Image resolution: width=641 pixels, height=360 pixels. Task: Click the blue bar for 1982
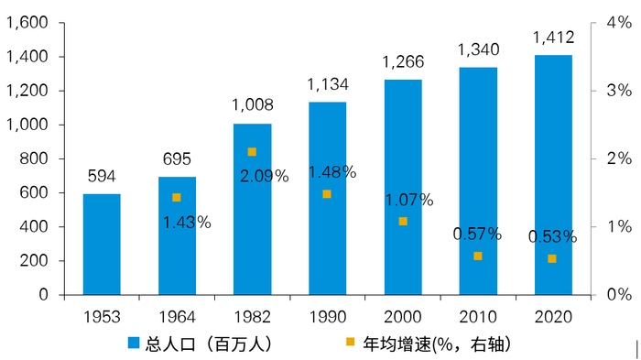[252, 210]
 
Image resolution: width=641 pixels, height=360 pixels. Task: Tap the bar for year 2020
[553, 175]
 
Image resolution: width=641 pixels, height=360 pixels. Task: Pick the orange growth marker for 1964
[177, 198]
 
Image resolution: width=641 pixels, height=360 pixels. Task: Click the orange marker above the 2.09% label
[252, 152]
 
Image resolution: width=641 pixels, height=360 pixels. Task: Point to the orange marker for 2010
[477, 256]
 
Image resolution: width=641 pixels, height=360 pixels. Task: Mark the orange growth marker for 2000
[402, 222]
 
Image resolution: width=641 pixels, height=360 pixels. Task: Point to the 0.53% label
[553, 237]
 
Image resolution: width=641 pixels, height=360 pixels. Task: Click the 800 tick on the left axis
[36, 158]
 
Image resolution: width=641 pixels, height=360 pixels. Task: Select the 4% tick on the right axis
[619, 23]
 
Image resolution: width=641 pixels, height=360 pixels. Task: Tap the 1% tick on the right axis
[619, 227]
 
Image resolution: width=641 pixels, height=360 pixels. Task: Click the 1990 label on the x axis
[327, 316]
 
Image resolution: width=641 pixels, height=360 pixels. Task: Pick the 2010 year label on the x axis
[477, 316]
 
